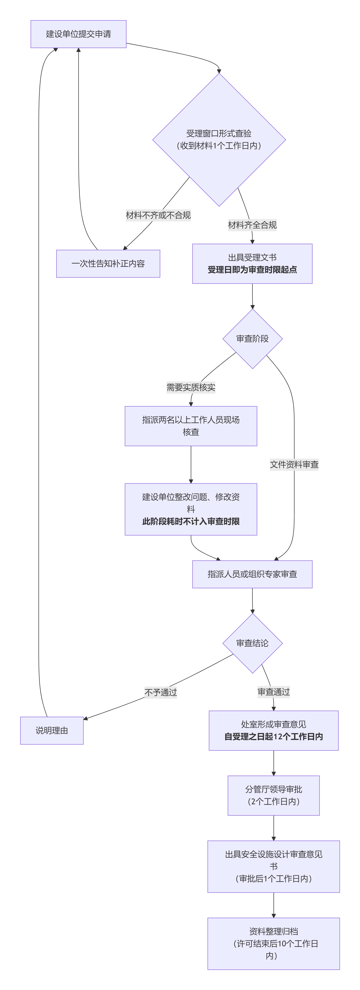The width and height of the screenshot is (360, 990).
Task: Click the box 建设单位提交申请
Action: coord(78,34)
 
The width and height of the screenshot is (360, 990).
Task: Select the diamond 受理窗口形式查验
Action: coord(219,140)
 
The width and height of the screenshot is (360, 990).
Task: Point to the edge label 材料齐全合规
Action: coord(252,225)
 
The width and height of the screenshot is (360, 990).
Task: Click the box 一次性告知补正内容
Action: coord(108,264)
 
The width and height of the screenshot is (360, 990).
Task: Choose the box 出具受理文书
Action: coord(252,264)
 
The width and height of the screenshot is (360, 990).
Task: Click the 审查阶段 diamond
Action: coord(252,339)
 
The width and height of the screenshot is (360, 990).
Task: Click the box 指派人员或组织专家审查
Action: coord(252,574)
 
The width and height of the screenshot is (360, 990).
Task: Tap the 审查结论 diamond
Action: coord(252,643)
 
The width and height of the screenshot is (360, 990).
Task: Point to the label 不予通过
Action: coord(161,692)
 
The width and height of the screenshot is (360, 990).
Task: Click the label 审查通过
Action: coord(274,692)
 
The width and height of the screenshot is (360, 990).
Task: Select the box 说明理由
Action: coord(52,731)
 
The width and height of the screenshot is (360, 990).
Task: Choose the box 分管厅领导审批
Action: coord(274,795)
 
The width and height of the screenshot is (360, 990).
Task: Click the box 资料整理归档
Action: coord(274,943)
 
